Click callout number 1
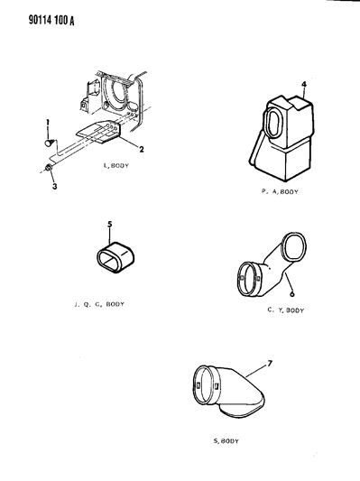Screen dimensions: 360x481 coord(48,123)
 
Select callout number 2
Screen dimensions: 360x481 coord(141,150)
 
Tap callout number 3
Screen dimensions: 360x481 coord(54,186)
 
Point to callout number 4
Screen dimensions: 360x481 coord(303,84)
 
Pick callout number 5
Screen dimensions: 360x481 coord(110,224)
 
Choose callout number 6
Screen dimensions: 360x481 coord(291,294)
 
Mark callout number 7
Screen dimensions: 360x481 coord(270,364)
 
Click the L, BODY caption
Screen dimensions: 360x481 coord(116,166)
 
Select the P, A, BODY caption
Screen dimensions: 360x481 coord(280,191)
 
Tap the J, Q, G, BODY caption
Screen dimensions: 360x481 coord(99,304)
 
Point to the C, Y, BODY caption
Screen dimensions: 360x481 coord(285,310)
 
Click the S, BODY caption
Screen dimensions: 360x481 coord(226,441)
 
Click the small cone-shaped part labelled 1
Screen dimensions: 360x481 coord(50,143)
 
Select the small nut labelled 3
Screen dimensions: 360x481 coord(48,168)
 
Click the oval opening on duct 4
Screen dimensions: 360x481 coord(275,123)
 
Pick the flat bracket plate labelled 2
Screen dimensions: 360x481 coord(98,132)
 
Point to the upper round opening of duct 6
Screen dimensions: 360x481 coord(295,247)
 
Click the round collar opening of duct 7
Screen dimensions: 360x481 coord(203,384)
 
